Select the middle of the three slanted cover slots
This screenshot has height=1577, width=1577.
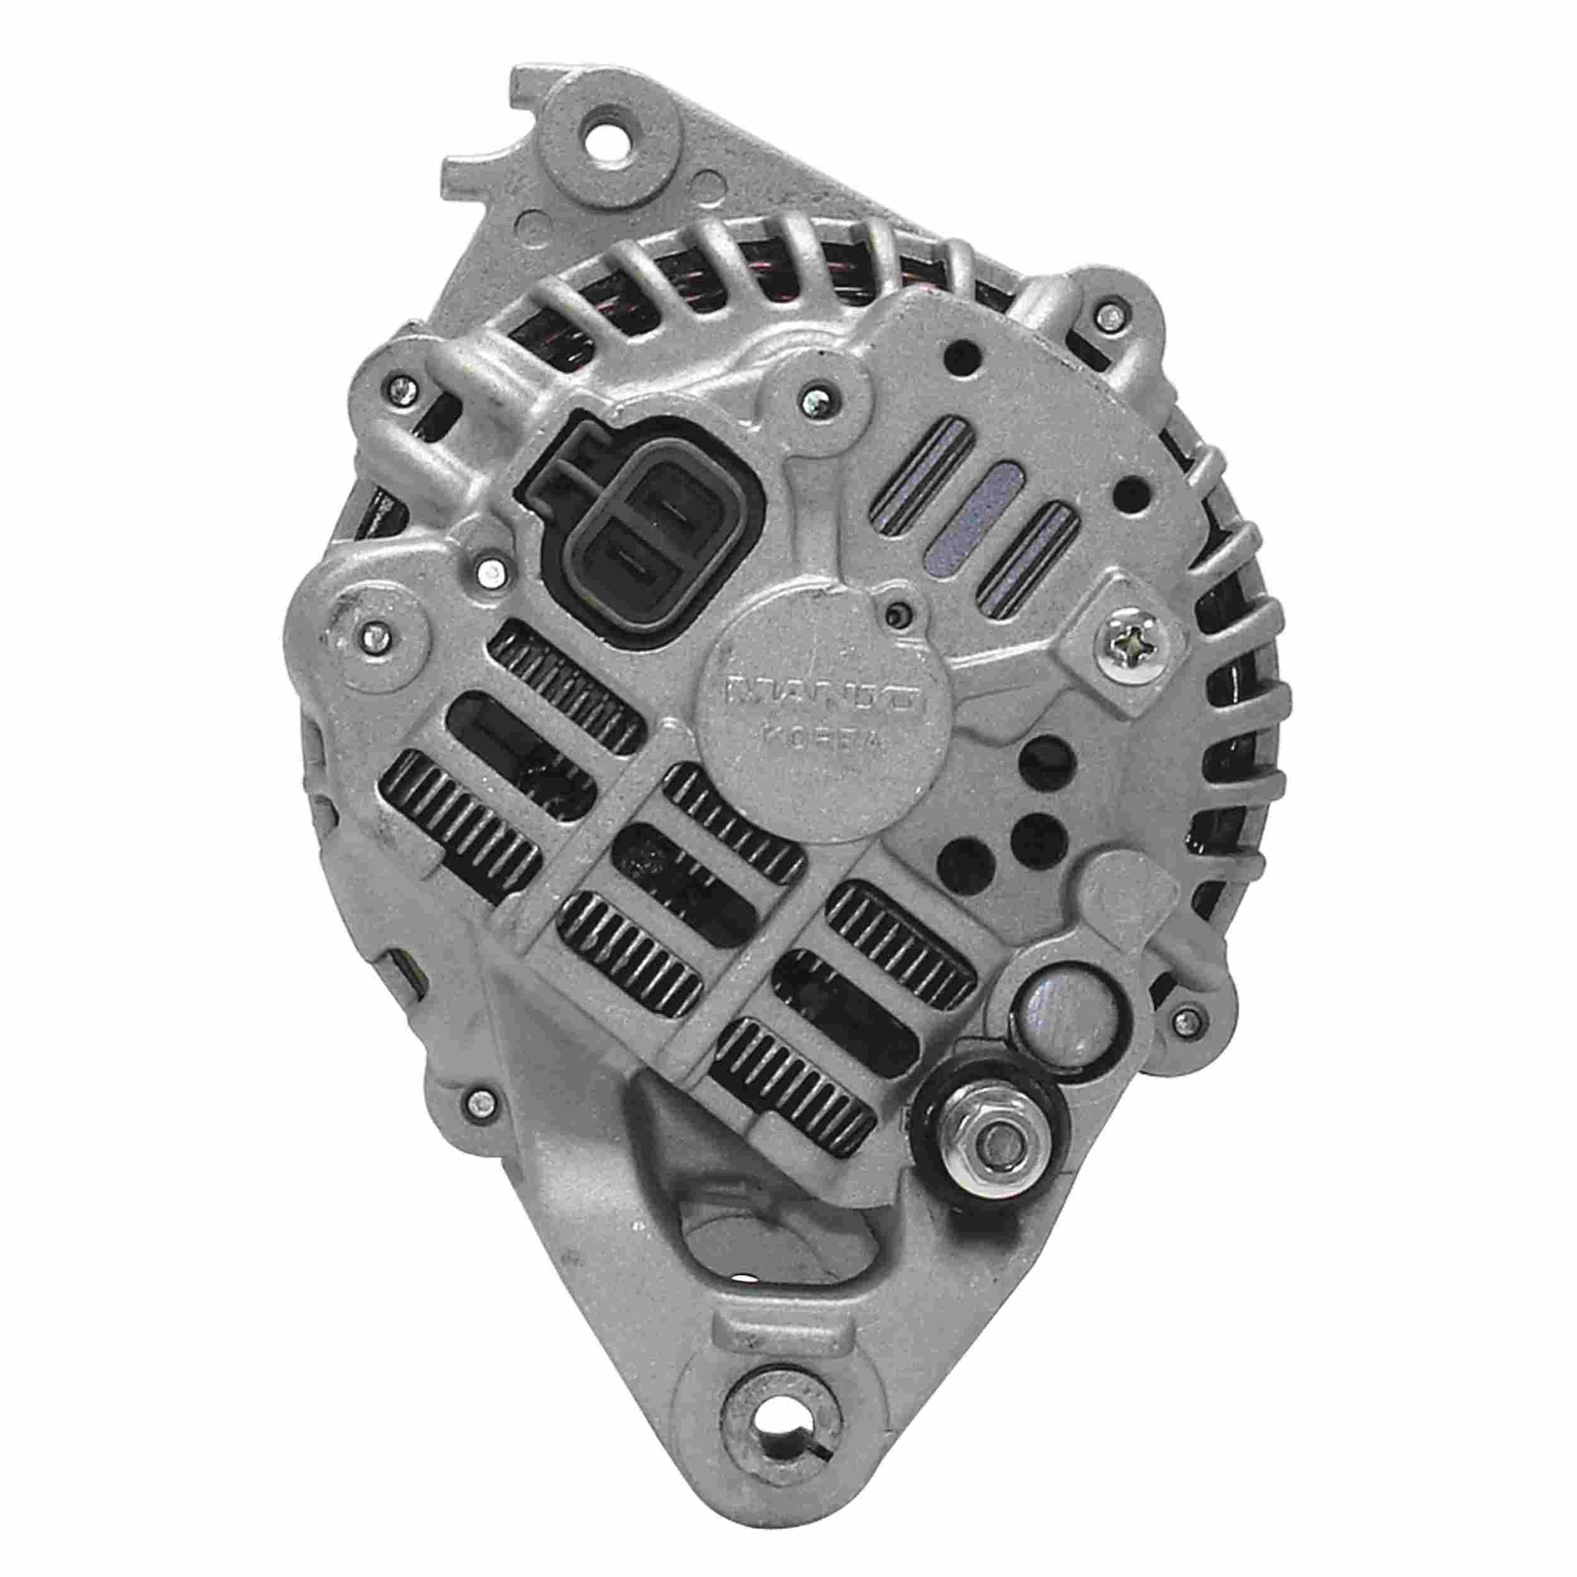click(990, 514)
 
